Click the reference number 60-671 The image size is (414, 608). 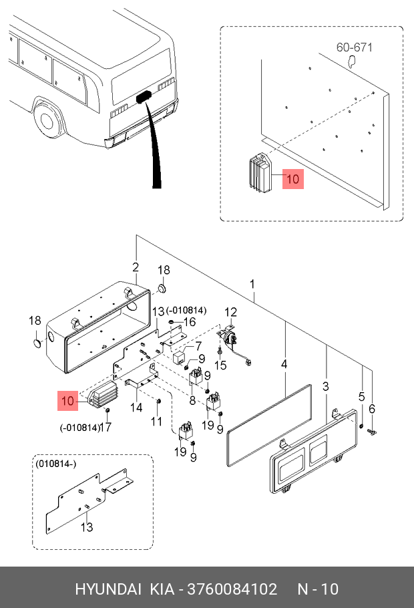[x=354, y=47]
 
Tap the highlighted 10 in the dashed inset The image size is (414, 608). [x=293, y=179]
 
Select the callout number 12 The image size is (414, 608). [x=230, y=312]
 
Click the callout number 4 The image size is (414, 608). [x=284, y=364]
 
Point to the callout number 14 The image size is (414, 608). [x=136, y=408]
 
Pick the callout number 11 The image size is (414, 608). [x=156, y=421]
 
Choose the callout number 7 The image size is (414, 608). [x=198, y=346]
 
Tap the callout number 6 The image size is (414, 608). [x=373, y=409]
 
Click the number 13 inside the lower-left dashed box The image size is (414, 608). [x=87, y=527]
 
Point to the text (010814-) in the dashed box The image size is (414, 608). [x=56, y=463]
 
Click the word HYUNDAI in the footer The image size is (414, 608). [x=108, y=589]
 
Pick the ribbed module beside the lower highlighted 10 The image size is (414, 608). [x=101, y=394]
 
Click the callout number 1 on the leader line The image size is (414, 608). [x=253, y=284]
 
